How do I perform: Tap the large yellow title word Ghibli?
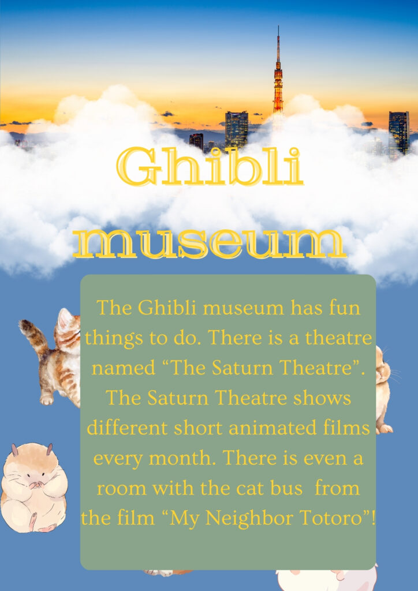pyautogui.click(x=210, y=167)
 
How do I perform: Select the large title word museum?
pyautogui.click(x=210, y=244)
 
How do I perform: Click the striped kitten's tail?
pyautogui.click(x=33, y=337)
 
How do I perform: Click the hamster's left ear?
pyautogui.click(x=14, y=450)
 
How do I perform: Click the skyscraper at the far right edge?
pyautogui.click(x=399, y=133)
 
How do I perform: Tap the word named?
pyautogui.click(x=123, y=368)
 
